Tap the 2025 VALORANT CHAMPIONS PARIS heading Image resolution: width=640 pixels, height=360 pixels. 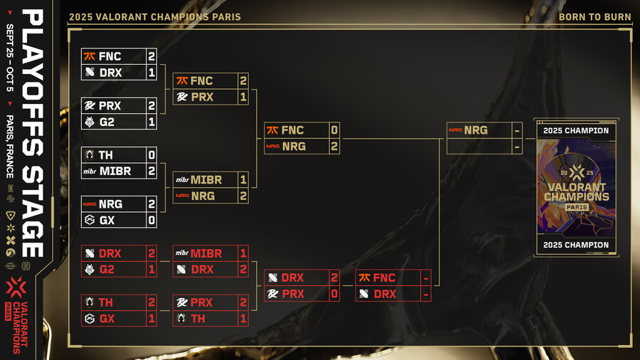pos(154,16)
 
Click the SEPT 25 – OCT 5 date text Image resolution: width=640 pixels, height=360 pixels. pos(10,63)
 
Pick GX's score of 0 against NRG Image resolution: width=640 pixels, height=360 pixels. pos(151,221)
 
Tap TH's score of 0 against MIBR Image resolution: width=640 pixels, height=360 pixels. pos(151,154)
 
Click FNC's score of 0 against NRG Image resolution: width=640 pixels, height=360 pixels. pos(334,130)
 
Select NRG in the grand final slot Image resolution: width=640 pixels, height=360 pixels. pos(475,130)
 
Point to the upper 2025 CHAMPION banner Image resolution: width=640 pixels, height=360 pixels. pos(576,130)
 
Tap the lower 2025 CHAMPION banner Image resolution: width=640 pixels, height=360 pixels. pos(576,245)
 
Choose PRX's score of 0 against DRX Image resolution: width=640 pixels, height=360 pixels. pos(334,294)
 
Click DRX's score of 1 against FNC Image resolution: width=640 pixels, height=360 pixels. pos(151,73)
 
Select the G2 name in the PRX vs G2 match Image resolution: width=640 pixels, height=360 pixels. pos(107,122)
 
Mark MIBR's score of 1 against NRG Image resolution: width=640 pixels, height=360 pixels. pos(242,179)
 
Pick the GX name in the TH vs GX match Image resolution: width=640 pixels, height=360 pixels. pos(107,319)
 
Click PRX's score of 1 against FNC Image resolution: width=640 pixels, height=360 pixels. pos(242,97)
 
